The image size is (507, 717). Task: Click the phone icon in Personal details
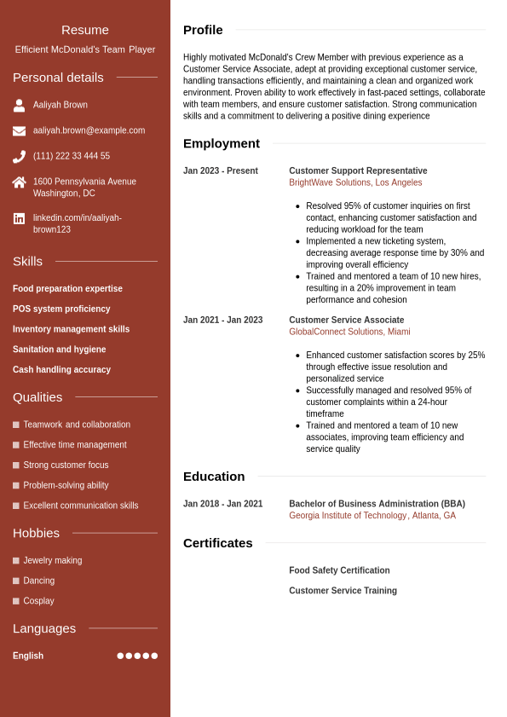[x=19, y=157]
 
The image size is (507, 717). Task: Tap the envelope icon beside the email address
[x=19, y=131]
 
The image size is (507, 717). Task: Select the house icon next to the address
[x=19, y=182]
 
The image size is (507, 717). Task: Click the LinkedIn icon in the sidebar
[x=19, y=218]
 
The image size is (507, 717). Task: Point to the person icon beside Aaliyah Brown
[x=19, y=106]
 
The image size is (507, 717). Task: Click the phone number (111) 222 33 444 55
[x=72, y=156]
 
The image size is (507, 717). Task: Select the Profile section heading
[x=203, y=30]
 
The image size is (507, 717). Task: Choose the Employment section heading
[x=222, y=143]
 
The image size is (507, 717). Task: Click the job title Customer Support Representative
[x=358, y=171]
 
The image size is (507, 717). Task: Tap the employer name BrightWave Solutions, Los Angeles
[x=355, y=182]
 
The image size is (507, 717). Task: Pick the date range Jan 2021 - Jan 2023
[x=222, y=321]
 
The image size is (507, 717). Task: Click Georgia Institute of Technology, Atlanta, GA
[x=372, y=516]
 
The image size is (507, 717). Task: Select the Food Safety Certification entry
[x=339, y=570]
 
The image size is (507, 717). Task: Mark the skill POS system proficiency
[x=61, y=309]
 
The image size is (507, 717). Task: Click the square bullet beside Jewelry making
[x=16, y=560]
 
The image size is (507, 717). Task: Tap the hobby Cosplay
[x=38, y=601]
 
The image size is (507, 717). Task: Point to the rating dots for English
[x=137, y=656]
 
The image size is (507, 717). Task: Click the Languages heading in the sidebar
[x=44, y=628]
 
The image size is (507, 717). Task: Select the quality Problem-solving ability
[x=66, y=485]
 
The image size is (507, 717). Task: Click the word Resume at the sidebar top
[x=85, y=30]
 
